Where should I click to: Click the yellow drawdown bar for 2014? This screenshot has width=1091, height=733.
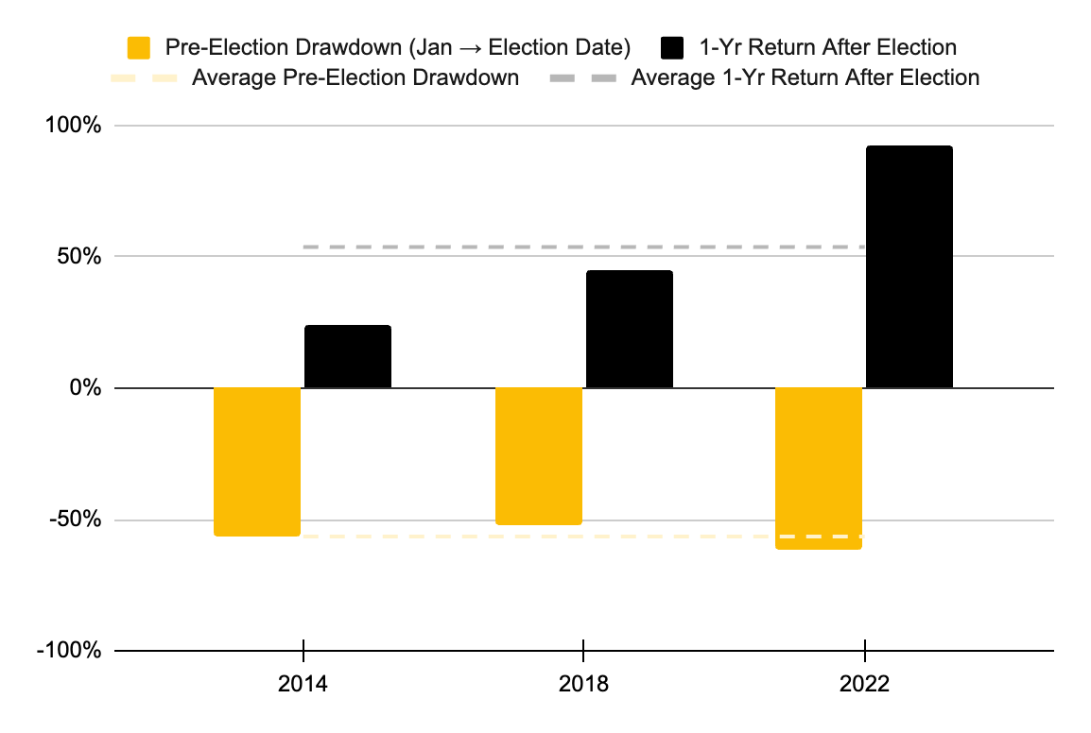pos(257,462)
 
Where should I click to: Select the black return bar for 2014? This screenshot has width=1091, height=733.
pos(348,357)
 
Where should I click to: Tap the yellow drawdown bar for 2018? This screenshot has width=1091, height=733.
pos(539,456)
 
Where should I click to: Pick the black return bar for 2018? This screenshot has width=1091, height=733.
pos(630,330)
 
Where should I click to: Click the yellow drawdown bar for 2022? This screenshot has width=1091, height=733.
pos(819,468)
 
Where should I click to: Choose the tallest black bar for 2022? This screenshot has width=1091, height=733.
pos(909,267)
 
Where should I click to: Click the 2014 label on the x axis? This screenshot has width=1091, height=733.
pos(303,684)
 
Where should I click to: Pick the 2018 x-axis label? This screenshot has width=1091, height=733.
pos(583,684)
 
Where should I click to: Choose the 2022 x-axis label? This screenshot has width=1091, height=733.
pos(865,684)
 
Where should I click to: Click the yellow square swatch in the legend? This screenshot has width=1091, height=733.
pos(139,47)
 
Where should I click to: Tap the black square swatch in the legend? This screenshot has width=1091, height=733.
pos(673,47)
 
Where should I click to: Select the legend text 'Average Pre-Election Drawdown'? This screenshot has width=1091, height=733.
pos(355,77)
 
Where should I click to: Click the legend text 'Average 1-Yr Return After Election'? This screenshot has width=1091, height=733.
pos(805,77)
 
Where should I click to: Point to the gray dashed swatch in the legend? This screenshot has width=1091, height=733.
pos(580,77)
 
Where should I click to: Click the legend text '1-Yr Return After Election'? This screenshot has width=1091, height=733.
pos(825,47)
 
